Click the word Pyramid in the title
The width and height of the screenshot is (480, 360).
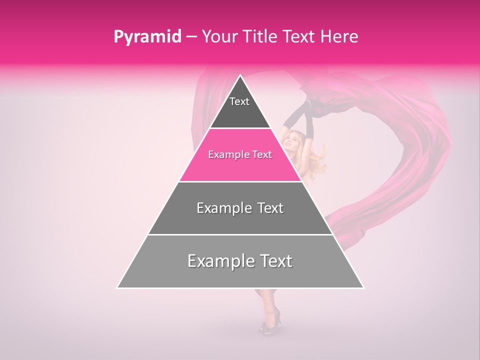point(147,37)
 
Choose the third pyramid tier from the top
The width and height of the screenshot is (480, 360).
point(240,208)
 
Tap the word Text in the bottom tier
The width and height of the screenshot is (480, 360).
point(273,261)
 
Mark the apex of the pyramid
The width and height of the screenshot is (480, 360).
point(240,75)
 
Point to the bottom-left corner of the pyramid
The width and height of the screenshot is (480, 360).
point(117,288)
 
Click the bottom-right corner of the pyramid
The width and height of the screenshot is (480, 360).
point(364,288)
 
